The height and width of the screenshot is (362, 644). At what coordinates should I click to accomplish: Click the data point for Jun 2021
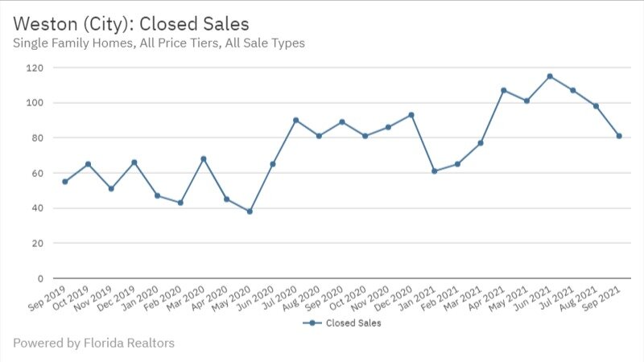(550, 76)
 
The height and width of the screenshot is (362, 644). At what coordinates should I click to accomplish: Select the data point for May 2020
(250, 212)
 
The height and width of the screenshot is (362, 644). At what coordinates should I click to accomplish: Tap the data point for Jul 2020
(295, 120)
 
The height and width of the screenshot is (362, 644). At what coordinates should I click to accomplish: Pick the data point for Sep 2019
(64, 182)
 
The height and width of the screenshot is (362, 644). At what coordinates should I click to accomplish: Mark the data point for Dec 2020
(411, 115)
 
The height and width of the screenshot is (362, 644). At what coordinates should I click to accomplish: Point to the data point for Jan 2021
(435, 171)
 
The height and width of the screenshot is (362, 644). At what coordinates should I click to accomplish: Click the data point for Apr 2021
(504, 90)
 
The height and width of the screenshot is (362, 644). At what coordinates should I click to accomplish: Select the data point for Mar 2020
(204, 158)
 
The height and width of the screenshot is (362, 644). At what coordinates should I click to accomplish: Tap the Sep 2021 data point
(619, 136)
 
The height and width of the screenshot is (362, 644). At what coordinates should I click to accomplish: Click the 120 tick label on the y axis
(33, 68)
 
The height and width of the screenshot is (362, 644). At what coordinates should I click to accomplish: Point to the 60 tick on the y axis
(36, 173)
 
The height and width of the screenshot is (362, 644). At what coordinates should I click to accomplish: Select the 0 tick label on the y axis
(39, 278)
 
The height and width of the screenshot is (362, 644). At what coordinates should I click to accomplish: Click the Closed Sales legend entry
(341, 323)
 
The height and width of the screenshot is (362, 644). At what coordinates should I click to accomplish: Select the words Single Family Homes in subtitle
(71, 43)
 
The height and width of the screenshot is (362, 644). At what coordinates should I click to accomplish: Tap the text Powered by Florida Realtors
(93, 343)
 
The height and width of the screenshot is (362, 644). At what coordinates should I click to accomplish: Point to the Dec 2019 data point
(134, 162)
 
